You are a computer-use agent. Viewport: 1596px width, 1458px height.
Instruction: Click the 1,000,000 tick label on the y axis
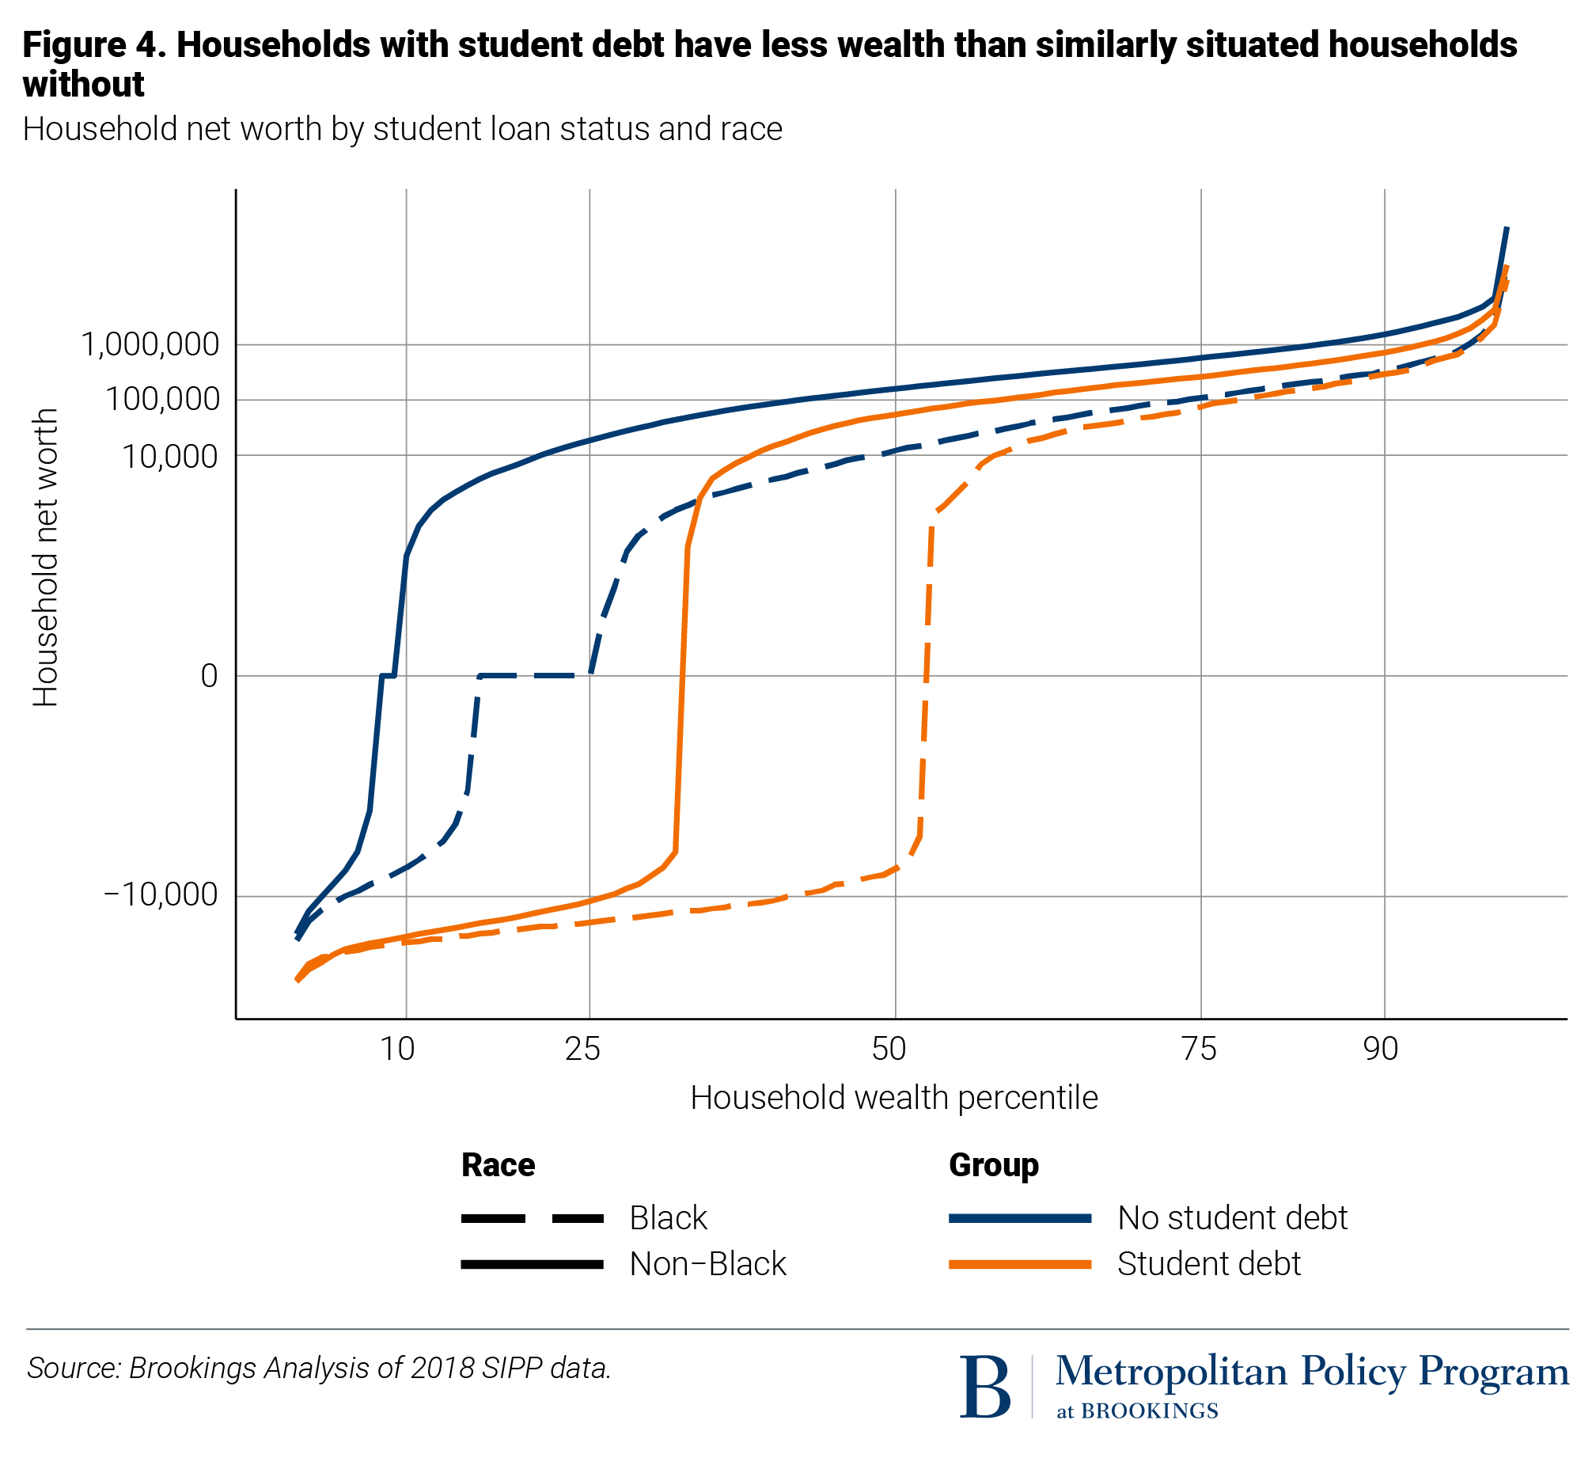point(150,344)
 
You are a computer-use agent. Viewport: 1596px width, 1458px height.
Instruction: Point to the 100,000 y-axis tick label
point(162,399)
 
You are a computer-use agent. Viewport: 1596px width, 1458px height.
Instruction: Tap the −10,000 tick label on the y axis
point(161,895)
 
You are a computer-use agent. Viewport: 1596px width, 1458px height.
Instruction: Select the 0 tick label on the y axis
point(209,675)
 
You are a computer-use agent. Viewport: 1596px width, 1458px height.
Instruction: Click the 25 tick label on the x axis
point(582,1049)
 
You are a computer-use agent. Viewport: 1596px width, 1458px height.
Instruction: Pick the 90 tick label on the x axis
point(1381,1049)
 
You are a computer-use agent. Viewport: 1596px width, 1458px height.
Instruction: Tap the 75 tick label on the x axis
point(1199,1049)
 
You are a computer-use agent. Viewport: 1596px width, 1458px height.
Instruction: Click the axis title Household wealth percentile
point(894,1099)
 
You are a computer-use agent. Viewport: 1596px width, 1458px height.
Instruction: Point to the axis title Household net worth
point(46,556)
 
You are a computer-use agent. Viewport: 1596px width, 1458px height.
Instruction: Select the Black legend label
point(668,1218)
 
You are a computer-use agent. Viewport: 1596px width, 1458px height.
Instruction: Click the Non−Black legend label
point(707,1264)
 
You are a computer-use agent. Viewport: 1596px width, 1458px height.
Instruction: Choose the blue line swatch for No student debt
point(1020,1219)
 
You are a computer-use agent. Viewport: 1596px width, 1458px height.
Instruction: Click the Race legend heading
point(498,1165)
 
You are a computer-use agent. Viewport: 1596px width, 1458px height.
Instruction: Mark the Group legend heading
point(994,1165)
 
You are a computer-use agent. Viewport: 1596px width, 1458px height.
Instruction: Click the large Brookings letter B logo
point(985,1387)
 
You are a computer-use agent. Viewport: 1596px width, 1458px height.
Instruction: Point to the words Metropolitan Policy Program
point(1311,1371)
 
